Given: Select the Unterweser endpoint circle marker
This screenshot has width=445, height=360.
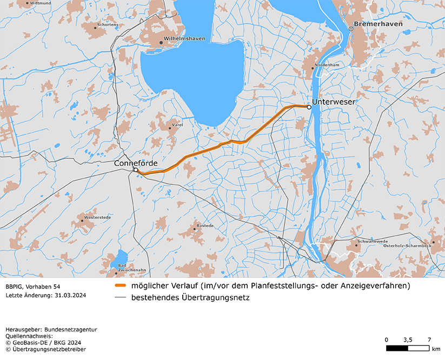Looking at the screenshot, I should pyautogui.click(x=309, y=107).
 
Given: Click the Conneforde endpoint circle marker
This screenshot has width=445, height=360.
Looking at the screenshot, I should pyautogui.click(x=136, y=170).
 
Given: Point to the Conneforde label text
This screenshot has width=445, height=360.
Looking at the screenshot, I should pyautogui.click(x=136, y=163).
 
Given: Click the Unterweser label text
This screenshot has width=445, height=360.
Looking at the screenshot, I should pyautogui.click(x=334, y=101).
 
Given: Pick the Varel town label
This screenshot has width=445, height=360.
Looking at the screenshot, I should pyautogui.click(x=177, y=125).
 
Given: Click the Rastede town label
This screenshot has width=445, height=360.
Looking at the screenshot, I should pyautogui.click(x=205, y=225).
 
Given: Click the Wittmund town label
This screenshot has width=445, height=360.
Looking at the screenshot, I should pyautogui.click(x=41, y=3).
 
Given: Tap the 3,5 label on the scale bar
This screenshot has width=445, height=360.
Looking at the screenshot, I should pyautogui.click(x=408, y=339).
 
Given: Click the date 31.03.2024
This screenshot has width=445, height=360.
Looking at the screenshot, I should pyautogui.click(x=70, y=295).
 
